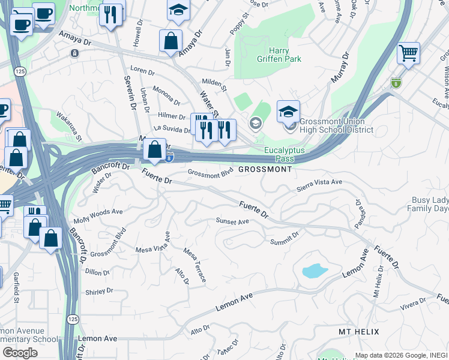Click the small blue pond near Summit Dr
point(315,271)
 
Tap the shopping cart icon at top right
point(408,53)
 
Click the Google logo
point(20,353)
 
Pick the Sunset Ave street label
point(232,221)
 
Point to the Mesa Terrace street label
point(195,265)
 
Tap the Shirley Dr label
point(99,292)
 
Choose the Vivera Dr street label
point(412,303)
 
